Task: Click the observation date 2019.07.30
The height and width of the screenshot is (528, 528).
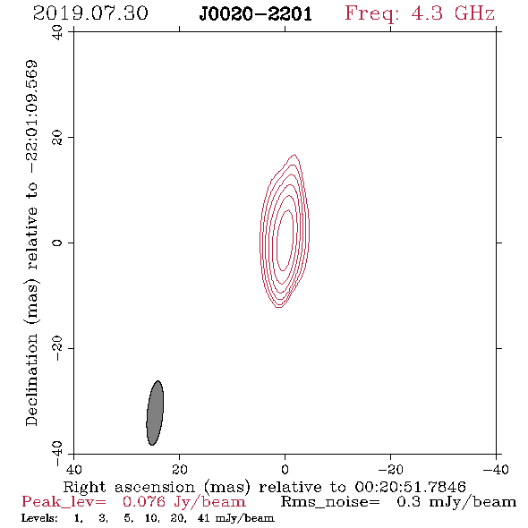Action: pos(90,13)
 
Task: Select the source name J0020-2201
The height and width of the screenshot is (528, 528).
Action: pos(256,14)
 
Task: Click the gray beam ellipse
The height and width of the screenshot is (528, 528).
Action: pos(155,413)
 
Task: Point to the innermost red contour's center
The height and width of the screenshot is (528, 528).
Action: pos(285,240)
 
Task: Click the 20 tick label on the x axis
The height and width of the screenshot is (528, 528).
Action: pos(179,469)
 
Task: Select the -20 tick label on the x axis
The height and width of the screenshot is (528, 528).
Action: pos(390,469)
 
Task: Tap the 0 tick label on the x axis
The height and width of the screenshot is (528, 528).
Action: pos(285,469)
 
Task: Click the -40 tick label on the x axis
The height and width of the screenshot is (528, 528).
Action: pos(496,469)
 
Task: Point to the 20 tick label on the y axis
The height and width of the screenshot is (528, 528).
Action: pos(57,138)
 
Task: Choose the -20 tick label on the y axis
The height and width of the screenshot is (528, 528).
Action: pos(57,348)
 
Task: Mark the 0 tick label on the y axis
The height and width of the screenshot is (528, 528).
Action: pos(57,243)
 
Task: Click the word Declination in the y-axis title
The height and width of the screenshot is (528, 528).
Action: pos(31,379)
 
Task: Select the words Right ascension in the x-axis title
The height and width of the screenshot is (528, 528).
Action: pos(129,487)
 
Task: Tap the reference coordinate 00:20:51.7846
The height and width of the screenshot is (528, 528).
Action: pos(410,487)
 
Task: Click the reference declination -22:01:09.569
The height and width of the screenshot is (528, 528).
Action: pos(31,117)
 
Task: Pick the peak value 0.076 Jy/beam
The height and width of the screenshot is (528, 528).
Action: pos(183,502)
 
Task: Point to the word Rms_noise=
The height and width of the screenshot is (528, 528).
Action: pos(330,502)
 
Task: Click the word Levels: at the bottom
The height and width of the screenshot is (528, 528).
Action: pos(39,518)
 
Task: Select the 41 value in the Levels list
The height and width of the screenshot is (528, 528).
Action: pos(204,518)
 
